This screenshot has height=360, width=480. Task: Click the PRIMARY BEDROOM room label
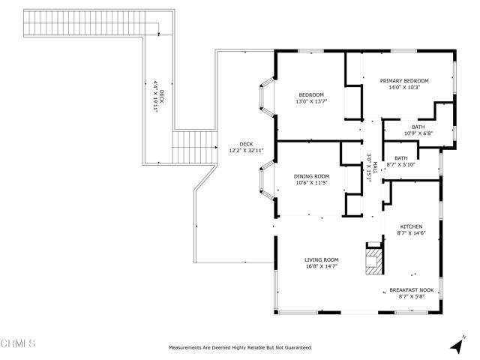point(403,81)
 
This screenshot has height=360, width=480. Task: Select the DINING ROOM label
point(311,175)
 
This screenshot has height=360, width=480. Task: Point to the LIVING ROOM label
point(321,259)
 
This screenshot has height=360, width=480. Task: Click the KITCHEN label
point(410,226)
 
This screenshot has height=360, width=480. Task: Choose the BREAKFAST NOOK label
point(416,290)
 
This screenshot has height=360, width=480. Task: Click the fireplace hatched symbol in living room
point(373,262)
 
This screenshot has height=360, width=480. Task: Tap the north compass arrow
point(455,345)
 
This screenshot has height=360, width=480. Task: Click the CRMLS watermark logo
point(17,344)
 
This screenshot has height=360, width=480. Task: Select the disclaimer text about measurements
point(239,348)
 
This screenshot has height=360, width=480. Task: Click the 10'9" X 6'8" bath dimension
point(418,133)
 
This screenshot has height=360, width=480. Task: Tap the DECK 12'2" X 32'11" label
point(247,147)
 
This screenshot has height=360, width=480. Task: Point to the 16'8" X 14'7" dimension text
point(321,266)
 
